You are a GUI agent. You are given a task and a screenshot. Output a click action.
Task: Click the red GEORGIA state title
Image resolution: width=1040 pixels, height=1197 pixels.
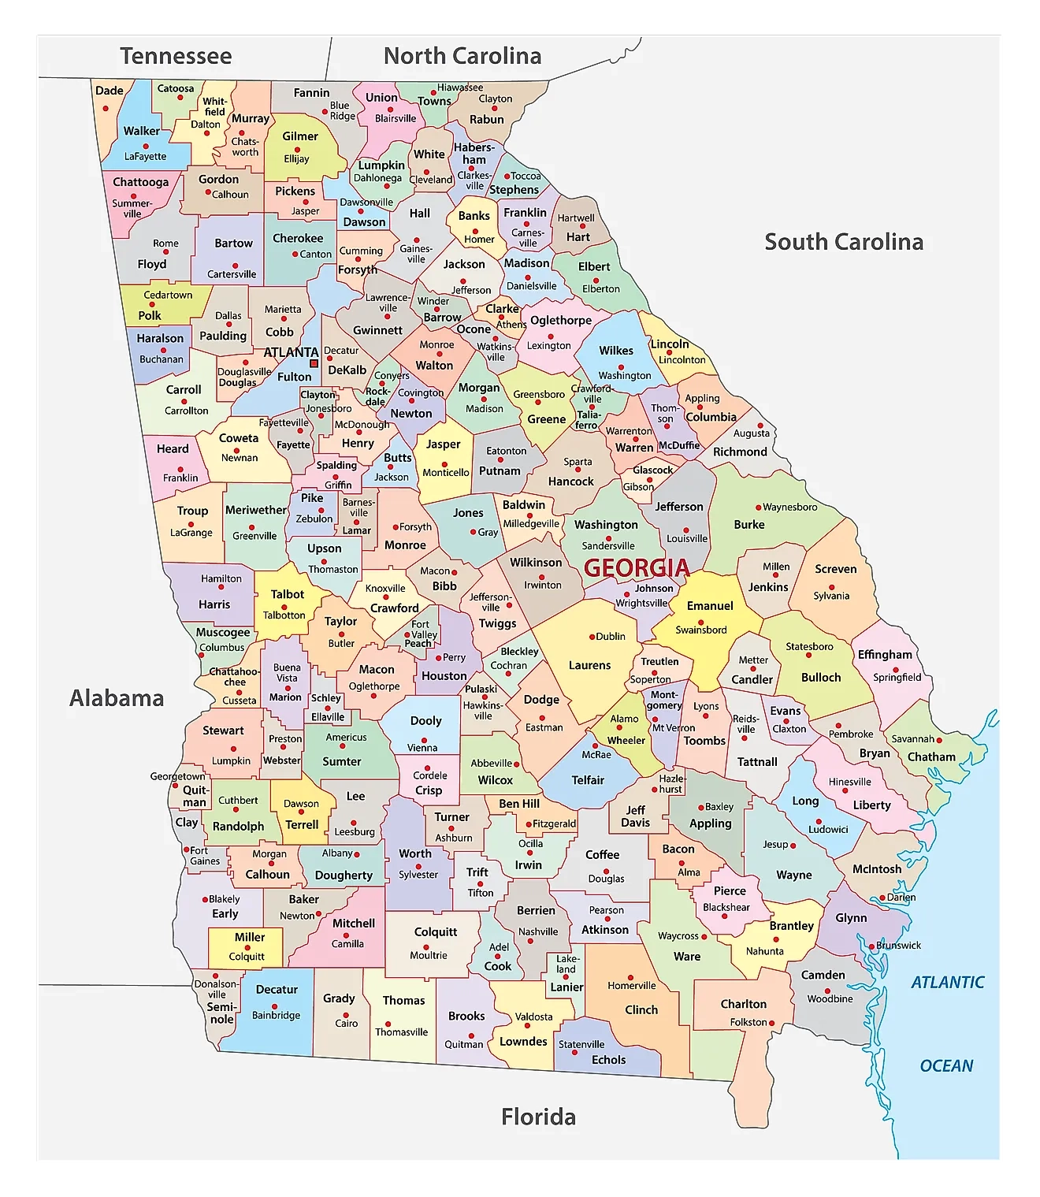tap(637, 567)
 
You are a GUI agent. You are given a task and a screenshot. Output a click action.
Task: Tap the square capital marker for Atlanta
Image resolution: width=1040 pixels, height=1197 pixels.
tap(314, 363)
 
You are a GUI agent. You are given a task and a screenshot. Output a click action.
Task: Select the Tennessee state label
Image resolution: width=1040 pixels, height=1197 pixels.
tap(176, 56)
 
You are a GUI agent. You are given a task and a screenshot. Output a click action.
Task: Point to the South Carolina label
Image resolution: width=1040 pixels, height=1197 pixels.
tap(844, 242)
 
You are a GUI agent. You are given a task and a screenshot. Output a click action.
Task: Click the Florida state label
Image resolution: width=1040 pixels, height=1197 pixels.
tap(538, 1117)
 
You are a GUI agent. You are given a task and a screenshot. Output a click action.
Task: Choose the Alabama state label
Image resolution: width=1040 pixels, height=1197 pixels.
tap(117, 698)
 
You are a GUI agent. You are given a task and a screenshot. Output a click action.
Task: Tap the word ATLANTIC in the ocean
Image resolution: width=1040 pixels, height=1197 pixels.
tap(947, 982)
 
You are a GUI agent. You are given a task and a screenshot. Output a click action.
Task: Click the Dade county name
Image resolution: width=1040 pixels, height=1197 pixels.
tap(109, 91)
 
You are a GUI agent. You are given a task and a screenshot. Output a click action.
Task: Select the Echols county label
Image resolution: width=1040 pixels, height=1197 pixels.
tap(608, 1060)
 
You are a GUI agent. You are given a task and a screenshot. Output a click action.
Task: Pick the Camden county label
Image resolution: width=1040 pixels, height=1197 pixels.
tap(823, 975)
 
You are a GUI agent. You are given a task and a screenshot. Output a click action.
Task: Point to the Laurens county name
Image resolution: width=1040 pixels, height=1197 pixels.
tap(589, 665)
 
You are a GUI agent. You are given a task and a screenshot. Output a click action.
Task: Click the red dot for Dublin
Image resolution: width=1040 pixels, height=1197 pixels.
tap(592, 637)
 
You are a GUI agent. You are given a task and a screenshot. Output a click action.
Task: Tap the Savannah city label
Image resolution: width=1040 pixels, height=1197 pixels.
tap(912, 739)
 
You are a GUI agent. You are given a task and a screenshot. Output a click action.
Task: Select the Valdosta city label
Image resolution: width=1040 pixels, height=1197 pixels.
tap(533, 1017)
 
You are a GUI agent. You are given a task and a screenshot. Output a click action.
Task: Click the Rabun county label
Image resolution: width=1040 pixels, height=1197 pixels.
tap(486, 120)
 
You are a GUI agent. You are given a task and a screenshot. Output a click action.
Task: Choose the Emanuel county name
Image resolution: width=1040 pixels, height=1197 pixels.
tap(709, 606)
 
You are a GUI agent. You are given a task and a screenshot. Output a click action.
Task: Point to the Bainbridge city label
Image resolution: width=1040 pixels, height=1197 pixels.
tap(276, 1015)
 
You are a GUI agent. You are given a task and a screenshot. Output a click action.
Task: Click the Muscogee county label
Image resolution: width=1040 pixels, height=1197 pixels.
tap(223, 632)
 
